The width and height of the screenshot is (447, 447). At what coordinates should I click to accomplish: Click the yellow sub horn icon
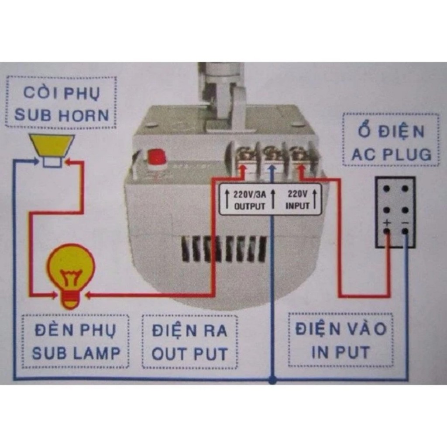click(52, 150)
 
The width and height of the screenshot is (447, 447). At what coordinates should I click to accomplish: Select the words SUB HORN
click(62, 115)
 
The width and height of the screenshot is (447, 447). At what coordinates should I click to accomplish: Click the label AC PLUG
click(392, 154)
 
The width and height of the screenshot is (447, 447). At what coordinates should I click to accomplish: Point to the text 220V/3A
click(250, 194)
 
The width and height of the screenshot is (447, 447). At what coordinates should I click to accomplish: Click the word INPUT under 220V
click(297, 206)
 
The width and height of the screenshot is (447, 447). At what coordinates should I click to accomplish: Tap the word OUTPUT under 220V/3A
click(250, 206)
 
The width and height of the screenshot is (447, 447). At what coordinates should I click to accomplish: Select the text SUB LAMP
click(76, 353)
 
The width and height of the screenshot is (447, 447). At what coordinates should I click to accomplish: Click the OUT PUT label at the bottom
click(189, 354)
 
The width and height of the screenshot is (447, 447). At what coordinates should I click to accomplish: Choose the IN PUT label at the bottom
click(340, 352)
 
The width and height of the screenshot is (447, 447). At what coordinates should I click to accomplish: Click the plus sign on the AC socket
click(387, 222)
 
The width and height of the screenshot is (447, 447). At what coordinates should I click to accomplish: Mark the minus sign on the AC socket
click(406, 223)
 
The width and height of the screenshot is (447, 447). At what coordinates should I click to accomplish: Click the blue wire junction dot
click(272, 379)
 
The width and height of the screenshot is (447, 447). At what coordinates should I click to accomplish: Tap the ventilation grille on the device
click(224, 250)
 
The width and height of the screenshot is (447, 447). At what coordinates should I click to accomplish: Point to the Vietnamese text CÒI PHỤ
click(62, 93)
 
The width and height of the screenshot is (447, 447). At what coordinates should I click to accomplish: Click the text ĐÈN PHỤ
click(76, 330)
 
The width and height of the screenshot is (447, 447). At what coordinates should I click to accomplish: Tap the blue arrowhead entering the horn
click(36, 162)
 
